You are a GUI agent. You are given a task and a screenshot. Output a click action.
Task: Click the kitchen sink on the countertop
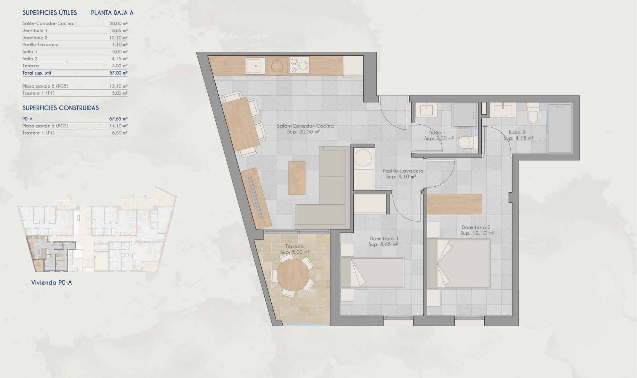[x=255, y=66]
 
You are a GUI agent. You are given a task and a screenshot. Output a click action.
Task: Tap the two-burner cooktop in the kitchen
[x=299, y=65]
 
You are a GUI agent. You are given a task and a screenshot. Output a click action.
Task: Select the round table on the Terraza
[x=293, y=274]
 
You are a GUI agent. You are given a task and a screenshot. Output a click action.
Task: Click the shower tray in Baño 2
[x=560, y=128]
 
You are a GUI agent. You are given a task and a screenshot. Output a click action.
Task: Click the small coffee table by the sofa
[x=297, y=178]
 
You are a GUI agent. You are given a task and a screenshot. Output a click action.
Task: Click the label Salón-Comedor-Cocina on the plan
[x=305, y=126]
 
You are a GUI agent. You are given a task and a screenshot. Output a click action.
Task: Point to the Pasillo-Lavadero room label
[x=403, y=171]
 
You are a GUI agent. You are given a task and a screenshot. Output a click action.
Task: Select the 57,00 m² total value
[x=118, y=73]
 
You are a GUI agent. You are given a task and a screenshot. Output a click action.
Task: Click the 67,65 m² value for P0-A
[x=118, y=119]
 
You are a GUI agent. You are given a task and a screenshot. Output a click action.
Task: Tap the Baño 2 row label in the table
[x=30, y=59]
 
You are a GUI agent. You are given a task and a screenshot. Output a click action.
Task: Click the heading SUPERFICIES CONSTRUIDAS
[x=60, y=108]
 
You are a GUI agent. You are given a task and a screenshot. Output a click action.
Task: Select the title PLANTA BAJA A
[x=112, y=13]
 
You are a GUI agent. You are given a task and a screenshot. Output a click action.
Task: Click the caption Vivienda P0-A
[x=51, y=283]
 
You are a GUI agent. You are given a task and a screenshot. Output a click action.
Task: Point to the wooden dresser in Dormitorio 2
[x=454, y=204]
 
